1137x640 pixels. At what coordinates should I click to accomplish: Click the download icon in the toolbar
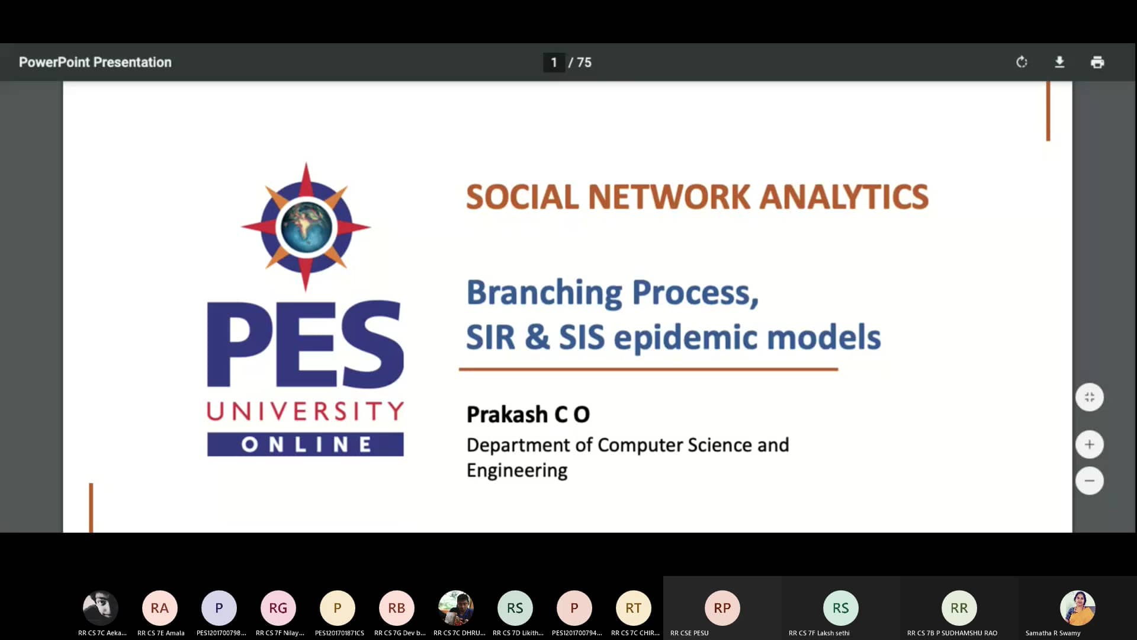1059,62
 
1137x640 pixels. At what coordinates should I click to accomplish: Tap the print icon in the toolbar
1097,62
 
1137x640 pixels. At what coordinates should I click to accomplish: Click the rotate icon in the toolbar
1022,62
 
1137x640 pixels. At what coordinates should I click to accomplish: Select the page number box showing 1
554,62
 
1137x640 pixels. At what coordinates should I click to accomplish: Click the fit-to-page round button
1089,397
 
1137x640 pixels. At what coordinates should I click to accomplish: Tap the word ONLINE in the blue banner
306,444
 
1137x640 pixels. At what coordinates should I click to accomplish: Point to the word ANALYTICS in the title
844,197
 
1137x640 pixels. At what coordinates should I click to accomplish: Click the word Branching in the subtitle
544,293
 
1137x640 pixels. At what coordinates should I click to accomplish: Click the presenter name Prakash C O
528,414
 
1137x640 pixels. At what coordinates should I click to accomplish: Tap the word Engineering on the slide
516,471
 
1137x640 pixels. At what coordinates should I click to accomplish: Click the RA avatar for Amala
160,608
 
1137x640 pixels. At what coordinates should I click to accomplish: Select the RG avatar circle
278,608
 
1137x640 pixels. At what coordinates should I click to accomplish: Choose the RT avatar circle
634,608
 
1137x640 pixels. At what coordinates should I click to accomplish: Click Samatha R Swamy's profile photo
1077,608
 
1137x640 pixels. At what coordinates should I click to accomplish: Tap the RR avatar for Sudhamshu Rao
959,608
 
